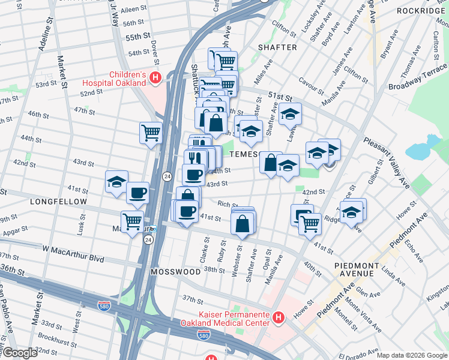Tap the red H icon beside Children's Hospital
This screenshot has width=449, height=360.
tap(155, 77)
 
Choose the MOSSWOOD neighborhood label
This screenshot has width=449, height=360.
tap(175, 272)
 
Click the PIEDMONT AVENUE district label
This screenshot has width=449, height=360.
tap(357, 270)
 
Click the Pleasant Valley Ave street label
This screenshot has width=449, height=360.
tap(386, 163)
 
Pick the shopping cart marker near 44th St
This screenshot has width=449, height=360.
tap(151, 132)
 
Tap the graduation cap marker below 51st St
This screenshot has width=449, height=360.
tap(290, 113)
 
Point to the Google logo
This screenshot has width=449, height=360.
tap(20, 353)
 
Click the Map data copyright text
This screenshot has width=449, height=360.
tap(411, 355)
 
